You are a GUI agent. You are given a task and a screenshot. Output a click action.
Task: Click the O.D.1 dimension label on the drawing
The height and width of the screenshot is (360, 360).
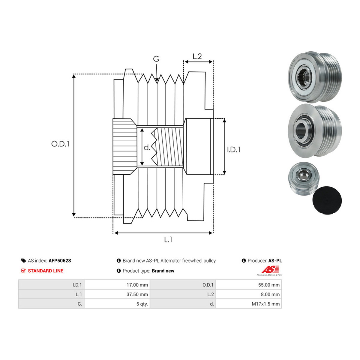click(x=60, y=144)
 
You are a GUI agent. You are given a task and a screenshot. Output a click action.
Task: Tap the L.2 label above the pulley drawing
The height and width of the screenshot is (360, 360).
click(x=197, y=56)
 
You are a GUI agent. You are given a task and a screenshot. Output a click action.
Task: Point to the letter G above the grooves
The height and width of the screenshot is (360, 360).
click(x=156, y=59)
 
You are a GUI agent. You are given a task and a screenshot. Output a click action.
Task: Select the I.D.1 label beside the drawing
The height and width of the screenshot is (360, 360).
click(x=233, y=150)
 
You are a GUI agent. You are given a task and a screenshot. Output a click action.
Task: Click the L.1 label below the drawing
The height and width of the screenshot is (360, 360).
click(x=168, y=239)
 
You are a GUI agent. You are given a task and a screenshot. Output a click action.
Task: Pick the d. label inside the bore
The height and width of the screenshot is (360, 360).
click(x=147, y=148)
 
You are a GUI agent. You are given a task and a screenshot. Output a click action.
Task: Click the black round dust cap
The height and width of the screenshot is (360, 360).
click(x=327, y=200)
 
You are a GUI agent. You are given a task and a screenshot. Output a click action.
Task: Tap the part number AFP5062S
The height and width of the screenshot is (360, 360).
click(x=60, y=261)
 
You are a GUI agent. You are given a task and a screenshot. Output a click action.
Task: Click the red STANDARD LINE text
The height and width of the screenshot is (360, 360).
click(x=46, y=271)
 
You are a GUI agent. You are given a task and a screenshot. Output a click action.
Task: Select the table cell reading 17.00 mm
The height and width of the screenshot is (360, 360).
click(x=117, y=285)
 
